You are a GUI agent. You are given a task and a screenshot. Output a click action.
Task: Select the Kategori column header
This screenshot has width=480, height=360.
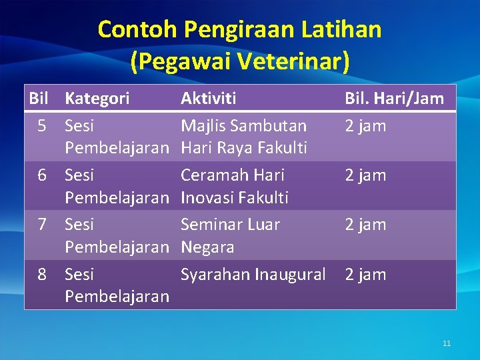[97, 99]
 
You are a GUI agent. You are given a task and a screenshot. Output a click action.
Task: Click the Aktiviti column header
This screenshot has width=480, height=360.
[209, 99]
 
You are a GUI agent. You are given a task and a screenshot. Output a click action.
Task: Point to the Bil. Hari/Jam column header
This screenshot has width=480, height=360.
[394, 99]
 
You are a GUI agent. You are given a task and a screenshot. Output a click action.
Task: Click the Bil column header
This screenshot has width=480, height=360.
[40, 99]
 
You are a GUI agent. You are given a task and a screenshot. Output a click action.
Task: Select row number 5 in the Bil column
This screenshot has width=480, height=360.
[42, 125]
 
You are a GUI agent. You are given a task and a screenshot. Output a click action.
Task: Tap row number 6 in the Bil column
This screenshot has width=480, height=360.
[42, 175]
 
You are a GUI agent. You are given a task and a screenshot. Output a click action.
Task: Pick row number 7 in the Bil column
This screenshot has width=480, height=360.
[42, 224]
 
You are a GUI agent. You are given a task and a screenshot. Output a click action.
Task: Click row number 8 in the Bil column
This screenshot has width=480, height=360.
[42, 274]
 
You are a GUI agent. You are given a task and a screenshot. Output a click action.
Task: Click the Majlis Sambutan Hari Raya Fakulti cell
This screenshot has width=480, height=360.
[244, 137]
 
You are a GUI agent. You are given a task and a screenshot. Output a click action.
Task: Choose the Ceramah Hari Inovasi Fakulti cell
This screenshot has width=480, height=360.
[235, 186]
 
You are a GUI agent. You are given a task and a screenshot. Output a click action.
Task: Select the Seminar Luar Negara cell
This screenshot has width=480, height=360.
[231, 235]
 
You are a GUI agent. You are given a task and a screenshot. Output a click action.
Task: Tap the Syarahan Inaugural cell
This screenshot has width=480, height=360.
[253, 274]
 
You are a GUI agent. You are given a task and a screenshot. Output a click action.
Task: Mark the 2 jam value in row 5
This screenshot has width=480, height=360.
[365, 125]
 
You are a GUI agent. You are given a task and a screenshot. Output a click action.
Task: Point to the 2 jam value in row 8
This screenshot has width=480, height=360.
[365, 274]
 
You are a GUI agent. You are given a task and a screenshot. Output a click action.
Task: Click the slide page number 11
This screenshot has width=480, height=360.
[447, 343]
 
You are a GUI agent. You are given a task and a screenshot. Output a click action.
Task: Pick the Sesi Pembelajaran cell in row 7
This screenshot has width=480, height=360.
[117, 235]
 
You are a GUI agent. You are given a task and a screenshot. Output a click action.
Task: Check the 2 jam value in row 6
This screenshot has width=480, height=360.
[365, 175]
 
